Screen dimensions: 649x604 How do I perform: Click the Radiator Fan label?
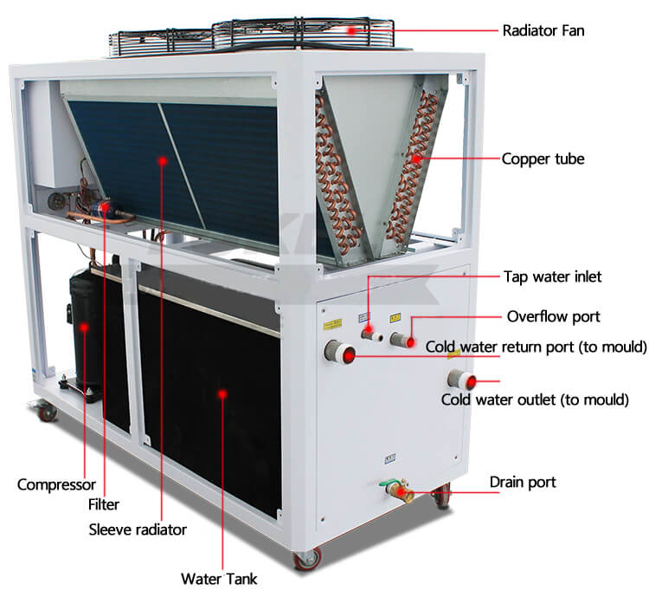coord(543,30)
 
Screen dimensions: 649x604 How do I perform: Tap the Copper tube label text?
coord(543,159)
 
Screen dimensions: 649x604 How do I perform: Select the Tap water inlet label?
coord(552,276)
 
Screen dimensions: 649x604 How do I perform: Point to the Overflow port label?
coord(553,316)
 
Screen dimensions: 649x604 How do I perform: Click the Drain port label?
coord(523,482)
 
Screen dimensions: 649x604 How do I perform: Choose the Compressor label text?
coord(56,484)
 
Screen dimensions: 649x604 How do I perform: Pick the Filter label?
coord(104,504)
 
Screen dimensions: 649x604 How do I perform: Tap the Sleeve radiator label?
coord(138,529)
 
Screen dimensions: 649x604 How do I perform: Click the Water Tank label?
coord(219,579)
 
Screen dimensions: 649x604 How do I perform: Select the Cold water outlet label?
coord(535,399)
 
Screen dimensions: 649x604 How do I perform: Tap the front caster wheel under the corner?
coord(307,559)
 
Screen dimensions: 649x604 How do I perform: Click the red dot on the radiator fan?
coord(351,30)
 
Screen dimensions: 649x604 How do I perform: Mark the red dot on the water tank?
coord(222,393)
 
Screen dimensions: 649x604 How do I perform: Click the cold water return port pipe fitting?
coord(339,353)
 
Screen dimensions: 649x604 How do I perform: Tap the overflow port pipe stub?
coord(402,341)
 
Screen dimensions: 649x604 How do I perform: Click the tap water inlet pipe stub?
coord(371,334)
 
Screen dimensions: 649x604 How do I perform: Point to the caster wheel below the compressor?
coord(47,412)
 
